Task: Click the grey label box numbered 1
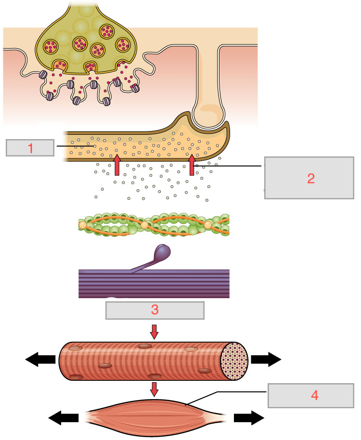30,148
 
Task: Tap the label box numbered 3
155,311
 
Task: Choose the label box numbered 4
314,396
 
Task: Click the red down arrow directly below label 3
154,332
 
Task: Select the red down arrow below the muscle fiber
154,389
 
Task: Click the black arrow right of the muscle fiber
266,359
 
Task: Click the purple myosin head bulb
164,252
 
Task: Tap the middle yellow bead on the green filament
144,225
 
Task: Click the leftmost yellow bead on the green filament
82,225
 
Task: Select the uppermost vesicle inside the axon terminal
106,31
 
